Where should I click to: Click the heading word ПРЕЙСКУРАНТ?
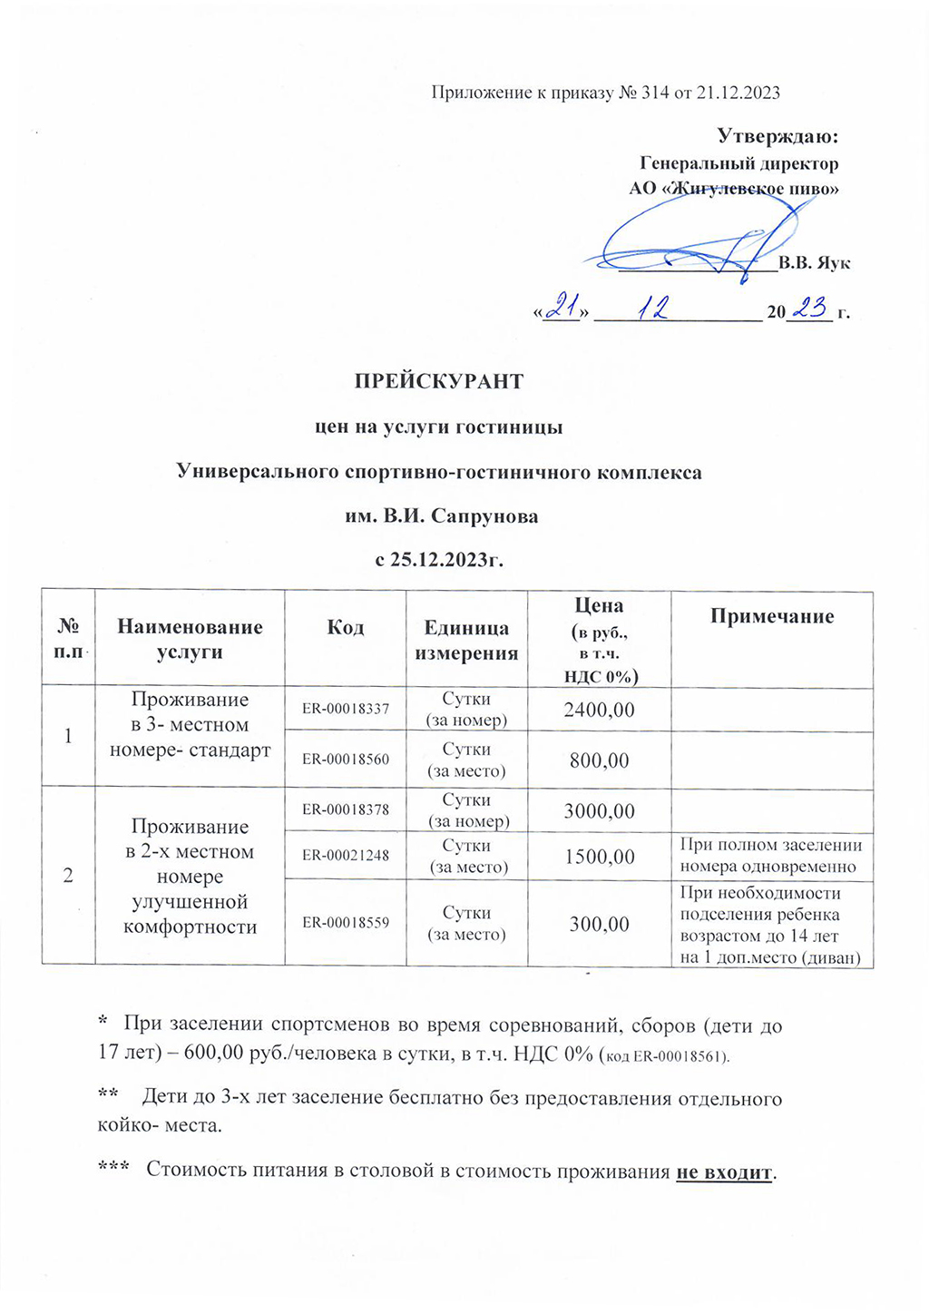point(438,381)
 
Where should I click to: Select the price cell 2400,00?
point(599,710)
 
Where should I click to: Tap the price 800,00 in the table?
point(599,760)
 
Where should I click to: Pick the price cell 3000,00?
point(599,811)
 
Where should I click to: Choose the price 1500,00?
point(599,857)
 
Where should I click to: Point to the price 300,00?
point(599,924)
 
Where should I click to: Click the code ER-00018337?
point(346,709)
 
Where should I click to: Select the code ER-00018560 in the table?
point(346,760)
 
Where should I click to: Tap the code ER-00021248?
point(346,856)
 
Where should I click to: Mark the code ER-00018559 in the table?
point(346,923)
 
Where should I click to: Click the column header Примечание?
point(772,617)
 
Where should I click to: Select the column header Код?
point(346,628)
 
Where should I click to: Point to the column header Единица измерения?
point(466,641)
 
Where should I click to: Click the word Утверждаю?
point(777,136)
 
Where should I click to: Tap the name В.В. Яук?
point(815,263)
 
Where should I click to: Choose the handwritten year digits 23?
point(809,309)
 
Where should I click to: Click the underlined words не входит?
point(724,1172)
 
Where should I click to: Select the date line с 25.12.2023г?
point(439,559)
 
